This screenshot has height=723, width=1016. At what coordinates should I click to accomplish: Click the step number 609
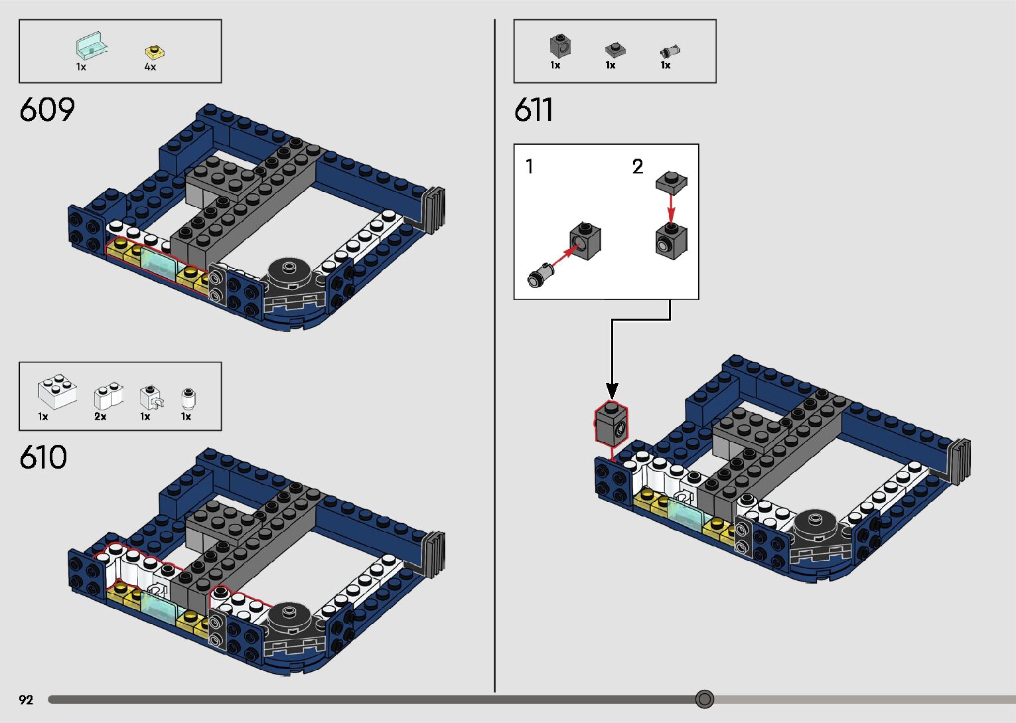click(47, 110)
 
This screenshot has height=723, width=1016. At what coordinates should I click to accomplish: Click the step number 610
click(44, 458)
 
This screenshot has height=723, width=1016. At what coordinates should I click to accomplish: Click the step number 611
click(534, 110)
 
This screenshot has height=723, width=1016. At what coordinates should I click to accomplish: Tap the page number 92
click(26, 700)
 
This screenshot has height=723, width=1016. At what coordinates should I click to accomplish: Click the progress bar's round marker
click(705, 699)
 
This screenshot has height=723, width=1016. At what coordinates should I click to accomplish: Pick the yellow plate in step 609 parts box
click(155, 52)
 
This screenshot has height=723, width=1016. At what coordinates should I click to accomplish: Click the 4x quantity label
click(151, 67)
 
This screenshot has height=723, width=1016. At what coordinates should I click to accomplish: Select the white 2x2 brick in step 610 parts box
click(57, 392)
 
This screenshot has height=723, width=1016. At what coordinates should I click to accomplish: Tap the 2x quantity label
click(100, 417)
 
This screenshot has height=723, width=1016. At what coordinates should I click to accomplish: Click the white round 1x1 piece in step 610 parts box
click(188, 398)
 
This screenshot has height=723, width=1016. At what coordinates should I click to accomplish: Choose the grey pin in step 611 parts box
click(670, 50)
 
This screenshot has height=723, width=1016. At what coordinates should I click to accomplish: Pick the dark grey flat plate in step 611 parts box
click(615, 50)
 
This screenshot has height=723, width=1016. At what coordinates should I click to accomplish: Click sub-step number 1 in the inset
click(529, 167)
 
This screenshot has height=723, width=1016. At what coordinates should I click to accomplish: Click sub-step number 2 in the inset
click(638, 167)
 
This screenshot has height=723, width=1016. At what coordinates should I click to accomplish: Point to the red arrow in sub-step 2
click(671, 209)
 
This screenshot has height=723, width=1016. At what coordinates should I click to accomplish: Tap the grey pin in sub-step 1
click(539, 275)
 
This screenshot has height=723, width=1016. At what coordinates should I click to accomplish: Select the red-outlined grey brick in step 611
click(611, 423)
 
